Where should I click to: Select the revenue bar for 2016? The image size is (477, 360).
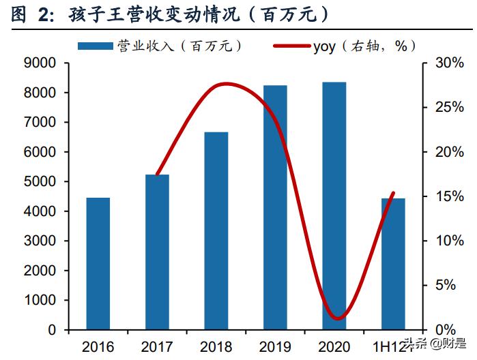point(98,263)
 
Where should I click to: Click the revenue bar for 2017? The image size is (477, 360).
point(157,252)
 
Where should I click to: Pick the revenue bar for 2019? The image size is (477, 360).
point(276,207)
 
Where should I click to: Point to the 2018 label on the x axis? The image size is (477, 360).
point(216,346)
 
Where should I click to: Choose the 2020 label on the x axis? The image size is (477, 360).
point(334,346)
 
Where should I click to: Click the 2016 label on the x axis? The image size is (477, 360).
point(98,346)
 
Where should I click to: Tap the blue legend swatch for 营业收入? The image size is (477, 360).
point(95,46)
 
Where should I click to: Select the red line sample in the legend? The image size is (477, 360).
point(291,46)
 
